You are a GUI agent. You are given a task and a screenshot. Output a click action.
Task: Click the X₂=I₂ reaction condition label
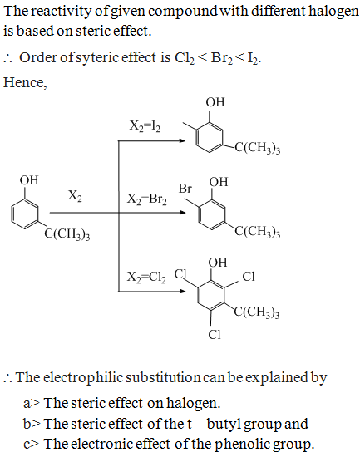click(x=145, y=126)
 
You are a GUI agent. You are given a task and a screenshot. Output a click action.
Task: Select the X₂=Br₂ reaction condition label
click(x=147, y=199)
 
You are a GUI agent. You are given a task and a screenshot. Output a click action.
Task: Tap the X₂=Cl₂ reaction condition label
click(x=146, y=278)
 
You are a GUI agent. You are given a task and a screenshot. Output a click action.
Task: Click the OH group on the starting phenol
click(x=29, y=180)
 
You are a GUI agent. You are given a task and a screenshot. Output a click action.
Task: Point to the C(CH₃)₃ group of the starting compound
click(x=67, y=234)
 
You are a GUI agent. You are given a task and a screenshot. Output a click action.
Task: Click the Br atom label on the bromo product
click(x=185, y=189)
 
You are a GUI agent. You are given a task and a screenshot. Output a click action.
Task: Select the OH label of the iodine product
click(x=215, y=102)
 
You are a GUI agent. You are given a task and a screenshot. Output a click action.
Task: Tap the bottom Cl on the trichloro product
click(x=215, y=335)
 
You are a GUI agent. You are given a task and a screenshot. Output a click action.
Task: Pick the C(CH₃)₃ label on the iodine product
click(x=258, y=148)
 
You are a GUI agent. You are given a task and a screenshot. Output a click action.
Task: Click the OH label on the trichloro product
click(x=218, y=263)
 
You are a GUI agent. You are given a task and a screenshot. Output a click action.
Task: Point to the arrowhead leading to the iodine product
click(x=182, y=141)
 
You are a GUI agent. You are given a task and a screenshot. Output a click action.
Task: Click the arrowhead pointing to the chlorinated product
click(x=183, y=291)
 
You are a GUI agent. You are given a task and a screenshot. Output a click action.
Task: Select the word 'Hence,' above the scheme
click(x=25, y=83)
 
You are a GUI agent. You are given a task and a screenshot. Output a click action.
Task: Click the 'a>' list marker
click(x=31, y=404)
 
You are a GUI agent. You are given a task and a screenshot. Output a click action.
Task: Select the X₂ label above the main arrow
click(x=75, y=196)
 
